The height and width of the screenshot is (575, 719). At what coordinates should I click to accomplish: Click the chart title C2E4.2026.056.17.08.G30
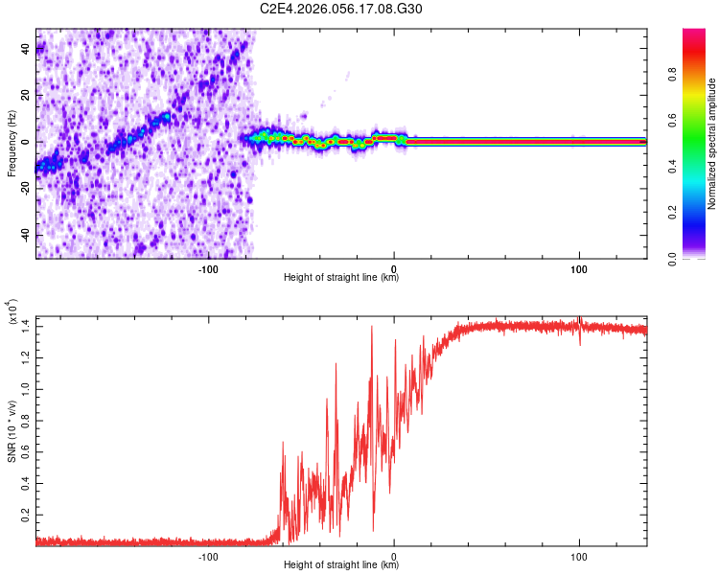[341, 9]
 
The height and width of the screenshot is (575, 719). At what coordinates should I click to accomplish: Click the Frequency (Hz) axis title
[12, 145]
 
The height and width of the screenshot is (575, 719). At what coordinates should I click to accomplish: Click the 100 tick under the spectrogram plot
[579, 268]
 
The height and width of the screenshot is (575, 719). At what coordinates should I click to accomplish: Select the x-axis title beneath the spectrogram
[341, 278]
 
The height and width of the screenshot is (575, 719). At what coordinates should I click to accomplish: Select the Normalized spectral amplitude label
[712, 144]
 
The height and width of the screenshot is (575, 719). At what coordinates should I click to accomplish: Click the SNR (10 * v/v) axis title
[12, 431]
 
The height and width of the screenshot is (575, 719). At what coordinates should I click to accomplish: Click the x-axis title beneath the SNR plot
[341, 565]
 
